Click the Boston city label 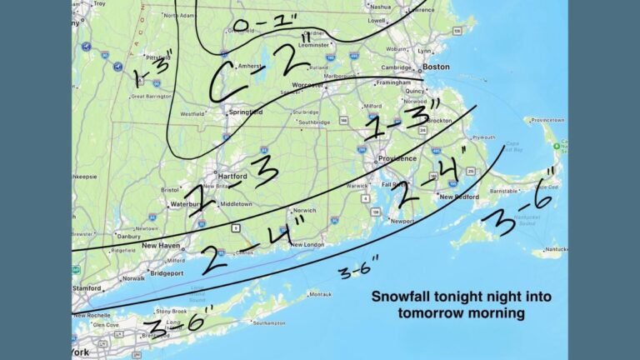tap(436, 66)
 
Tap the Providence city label tap(397, 157)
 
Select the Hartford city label tap(231, 177)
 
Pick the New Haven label tap(162, 245)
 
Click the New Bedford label tap(457, 197)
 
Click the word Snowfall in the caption tap(400, 297)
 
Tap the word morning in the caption tap(497, 313)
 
